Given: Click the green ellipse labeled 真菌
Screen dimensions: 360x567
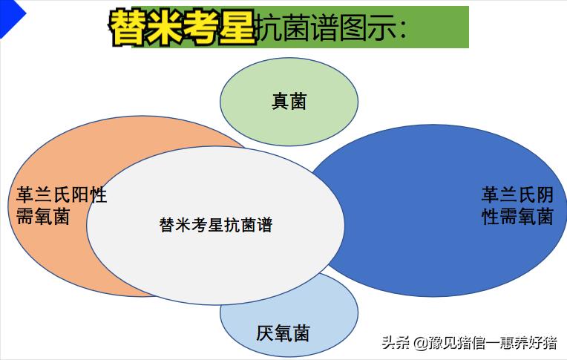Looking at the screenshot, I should (289, 82).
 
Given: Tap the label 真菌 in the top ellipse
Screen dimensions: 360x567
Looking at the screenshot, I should (289, 101).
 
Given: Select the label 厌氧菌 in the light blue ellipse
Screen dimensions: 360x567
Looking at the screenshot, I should (283, 333).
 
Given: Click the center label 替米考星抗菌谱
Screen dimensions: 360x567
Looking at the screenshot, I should (215, 224).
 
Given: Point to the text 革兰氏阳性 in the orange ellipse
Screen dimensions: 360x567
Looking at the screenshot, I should (62, 196).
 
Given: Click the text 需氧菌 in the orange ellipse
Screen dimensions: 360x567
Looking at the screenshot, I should (43, 217).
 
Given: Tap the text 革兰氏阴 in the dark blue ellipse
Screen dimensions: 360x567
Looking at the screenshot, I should (517, 195).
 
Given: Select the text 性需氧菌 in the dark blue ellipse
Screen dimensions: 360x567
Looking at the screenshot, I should (517, 217).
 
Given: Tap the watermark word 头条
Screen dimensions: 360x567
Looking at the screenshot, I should (396, 343).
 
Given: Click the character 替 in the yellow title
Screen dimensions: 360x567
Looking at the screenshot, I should (128, 27).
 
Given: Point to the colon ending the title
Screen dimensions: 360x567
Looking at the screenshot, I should (402, 29).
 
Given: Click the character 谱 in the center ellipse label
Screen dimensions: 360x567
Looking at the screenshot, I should (264, 224).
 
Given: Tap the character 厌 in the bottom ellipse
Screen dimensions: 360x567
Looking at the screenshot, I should (265, 333).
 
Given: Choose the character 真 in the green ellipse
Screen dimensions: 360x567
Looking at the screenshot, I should (280, 101).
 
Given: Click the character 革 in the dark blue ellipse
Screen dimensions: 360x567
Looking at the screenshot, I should (491, 195).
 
